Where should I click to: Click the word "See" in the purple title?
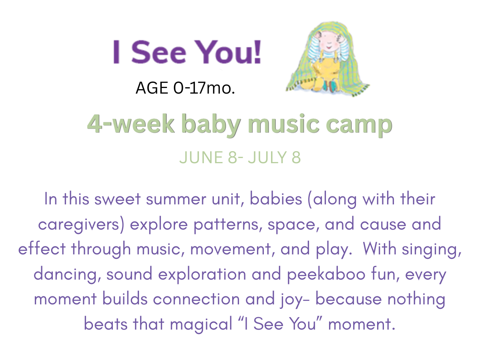click(159, 52)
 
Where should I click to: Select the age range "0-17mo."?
click(204, 88)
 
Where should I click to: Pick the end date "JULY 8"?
click(274, 158)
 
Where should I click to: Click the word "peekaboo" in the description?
click(326, 274)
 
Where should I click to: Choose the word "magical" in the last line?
click(201, 324)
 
